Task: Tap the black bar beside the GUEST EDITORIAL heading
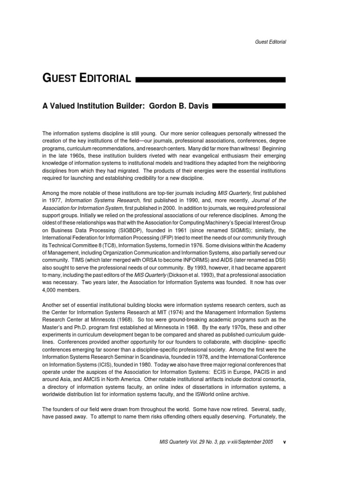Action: tap(210, 80)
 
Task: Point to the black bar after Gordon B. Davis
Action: tap(249, 106)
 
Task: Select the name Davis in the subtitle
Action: tap(197, 106)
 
